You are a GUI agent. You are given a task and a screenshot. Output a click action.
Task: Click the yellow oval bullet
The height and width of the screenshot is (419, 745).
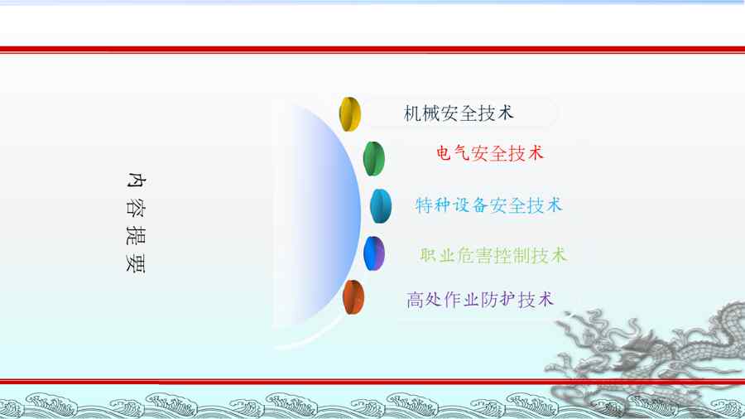click(x=350, y=114)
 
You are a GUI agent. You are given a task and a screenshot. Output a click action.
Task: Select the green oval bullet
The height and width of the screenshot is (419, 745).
click(x=374, y=159)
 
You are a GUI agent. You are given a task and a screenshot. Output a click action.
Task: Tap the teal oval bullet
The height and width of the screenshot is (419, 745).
click(x=381, y=206)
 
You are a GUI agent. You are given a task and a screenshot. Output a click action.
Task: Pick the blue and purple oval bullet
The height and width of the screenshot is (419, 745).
click(x=374, y=253)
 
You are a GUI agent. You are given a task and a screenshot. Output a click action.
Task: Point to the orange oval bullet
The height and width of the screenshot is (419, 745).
click(x=353, y=297)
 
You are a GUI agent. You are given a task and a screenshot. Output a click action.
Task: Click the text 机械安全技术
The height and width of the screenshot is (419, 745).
click(x=459, y=113)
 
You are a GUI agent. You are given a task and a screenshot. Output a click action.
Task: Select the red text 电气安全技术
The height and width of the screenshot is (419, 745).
click(x=490, y=153)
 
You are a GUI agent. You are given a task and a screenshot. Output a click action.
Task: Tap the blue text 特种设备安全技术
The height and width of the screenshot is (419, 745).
click(x=488, y=205)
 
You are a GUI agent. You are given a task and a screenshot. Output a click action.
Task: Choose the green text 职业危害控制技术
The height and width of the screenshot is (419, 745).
click(x=493, y=255)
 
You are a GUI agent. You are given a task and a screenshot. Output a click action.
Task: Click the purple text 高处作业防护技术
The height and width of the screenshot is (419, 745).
click(x=480, y=300)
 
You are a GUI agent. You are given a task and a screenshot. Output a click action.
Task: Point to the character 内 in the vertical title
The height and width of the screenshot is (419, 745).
click(x=136, y=180)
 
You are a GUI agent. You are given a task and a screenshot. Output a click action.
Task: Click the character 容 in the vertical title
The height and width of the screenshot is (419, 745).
click(x=136, y=208)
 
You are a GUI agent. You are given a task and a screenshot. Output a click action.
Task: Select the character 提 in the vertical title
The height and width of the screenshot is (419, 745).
click(x=136, y=236)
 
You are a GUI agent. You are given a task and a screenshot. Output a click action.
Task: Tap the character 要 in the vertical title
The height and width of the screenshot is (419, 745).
click(x=136, y=263)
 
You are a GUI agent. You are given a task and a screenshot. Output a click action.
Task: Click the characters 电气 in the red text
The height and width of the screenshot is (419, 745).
click(x=454, y=153)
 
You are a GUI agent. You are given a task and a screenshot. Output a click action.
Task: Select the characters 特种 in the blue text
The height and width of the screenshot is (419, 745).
click(x=432, y=205)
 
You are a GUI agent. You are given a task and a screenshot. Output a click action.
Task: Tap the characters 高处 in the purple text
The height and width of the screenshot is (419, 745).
click(x=425, y=300)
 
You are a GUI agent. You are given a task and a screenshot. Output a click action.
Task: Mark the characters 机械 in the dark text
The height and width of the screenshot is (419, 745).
click(x=421, y=113)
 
